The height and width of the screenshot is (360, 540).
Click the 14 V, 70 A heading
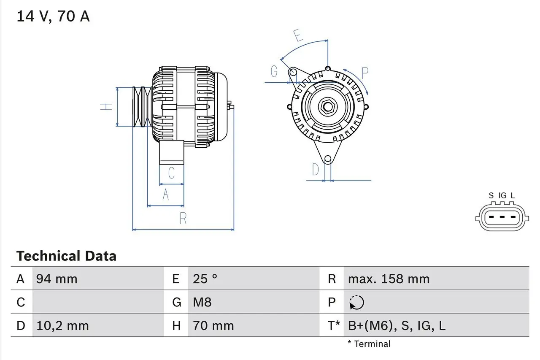(x=53, y=16)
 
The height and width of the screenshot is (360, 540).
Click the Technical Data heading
(x=66, y=256)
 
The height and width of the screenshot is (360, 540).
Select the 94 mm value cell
(x=57, y=279)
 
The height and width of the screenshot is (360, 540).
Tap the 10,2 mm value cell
(x=62, y=326)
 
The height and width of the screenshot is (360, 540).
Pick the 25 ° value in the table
(x=205, y=279)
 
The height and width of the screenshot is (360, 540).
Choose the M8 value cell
(x=202, y=302)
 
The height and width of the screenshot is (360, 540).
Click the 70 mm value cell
(x=213, y=326)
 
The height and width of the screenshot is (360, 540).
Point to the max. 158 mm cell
(x=389, y=279)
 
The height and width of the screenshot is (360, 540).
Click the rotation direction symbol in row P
(x=357, y=302)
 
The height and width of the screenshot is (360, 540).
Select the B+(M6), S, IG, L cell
(x=397, y=326)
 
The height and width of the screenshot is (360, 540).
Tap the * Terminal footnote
(x=369, y=344)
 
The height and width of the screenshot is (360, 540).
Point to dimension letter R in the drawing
(x=183, y=218)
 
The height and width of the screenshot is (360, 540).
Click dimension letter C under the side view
(x=171, y=173)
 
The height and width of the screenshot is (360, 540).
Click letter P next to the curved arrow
(x=365, y=73)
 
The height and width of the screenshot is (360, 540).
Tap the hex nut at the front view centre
(x=328, y=106)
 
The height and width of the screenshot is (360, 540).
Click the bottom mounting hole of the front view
(x=328, y=159)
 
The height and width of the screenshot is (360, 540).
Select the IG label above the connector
(x=502, y=195)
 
